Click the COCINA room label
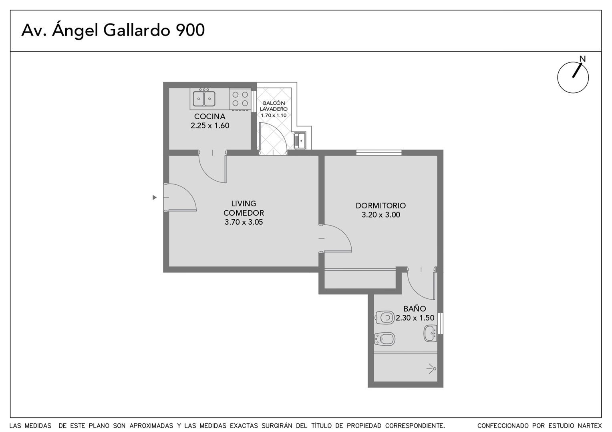tap(209, 116)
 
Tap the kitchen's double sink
tap(204, 98)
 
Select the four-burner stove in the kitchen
tap(240, 99)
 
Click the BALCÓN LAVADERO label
tap(274, 106)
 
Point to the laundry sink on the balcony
tap(300, 140)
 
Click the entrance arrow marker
tap(154, 197)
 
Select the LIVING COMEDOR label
tap(244, 208)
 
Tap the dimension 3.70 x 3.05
tap(244, 222)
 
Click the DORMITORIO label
tap(380, 206)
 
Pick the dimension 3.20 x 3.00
tap(381, 215)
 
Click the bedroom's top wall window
tap(379, 152)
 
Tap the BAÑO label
tap(415, 309)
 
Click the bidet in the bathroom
tap(385, 339)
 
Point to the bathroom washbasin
tap(430, 333)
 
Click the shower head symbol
tap(431, 368)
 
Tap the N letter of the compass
tap(582, 59)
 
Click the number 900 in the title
tap(190, 30)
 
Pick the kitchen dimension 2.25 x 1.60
tap(210, 126)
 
